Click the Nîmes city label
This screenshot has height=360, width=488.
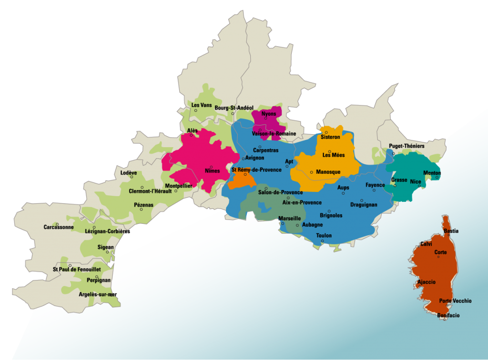click(x=213, y=171)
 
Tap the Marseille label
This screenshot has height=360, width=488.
click(x=289, y=218)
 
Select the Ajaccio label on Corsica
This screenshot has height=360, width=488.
click(x=426, y=282)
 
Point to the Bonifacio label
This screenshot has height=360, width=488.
click(x=448, y=315)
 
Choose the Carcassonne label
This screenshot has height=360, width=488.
click(x=59, y=227)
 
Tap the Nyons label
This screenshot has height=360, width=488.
click(x=269, y=114)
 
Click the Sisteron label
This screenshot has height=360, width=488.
click(x=330, y=137)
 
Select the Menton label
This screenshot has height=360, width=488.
click(x=432, y=172)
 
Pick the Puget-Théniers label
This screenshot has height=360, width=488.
click(x=407, y=146)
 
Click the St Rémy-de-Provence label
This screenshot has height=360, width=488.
click(x=256, y=170)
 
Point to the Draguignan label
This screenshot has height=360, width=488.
click(x=364, y=205)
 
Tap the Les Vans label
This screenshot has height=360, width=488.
click(x=202, y=105)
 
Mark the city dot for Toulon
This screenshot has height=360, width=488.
click(x=323, y=241)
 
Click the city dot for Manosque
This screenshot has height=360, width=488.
click(x=312, y=172)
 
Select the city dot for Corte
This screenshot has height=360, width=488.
click(x=438, y=257)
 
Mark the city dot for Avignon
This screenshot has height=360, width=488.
click(x=243, y=159)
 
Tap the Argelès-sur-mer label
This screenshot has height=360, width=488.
click(x=98, y=294)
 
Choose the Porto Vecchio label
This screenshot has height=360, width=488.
click(x=455, y=300)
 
